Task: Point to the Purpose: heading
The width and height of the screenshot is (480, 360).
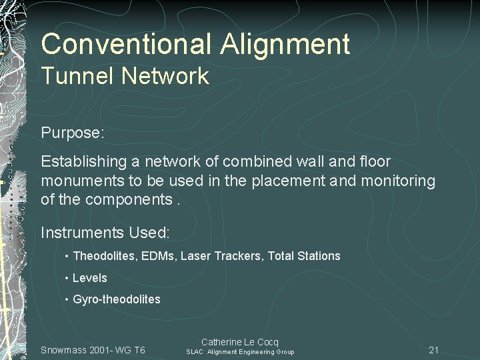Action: pos(73,133)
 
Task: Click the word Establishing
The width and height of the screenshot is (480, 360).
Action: pos(85,162)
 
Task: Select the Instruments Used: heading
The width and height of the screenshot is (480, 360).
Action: pos(105,233)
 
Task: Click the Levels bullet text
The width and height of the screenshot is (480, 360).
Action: pos(89,278)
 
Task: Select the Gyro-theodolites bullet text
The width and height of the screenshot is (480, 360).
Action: pos(116,299)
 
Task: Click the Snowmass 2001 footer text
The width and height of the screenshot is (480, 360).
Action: pos(93,350)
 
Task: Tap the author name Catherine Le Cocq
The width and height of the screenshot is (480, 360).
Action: pos(239,342)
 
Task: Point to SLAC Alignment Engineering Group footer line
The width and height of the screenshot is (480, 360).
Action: pos(239,352)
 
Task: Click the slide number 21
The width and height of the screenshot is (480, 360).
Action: pos(433,350)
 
